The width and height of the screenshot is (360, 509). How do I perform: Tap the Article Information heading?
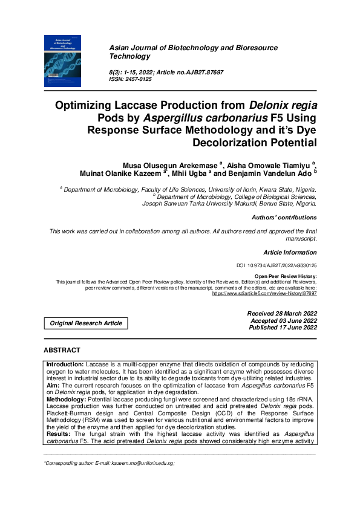[289, 252]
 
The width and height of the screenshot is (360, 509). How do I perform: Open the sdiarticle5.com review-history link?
[264, 293]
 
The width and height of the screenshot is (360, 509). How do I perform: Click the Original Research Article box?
[86, 323]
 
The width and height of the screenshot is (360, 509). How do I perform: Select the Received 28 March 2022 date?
[282, 313]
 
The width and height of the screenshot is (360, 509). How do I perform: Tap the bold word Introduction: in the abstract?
[65, 365]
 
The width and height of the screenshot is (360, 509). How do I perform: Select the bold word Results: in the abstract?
[59, 434]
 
